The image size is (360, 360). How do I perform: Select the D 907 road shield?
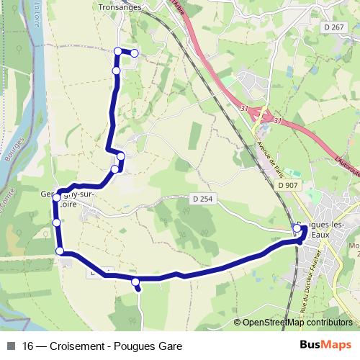pyautogui.click(x=287, y=185)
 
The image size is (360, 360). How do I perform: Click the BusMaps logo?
pyautogui.click(x=325, y=346)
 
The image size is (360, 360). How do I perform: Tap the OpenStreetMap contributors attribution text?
pyautogui.click(x=297, y=323)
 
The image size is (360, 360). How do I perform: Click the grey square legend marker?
pyautogui.click(x=10, y=346)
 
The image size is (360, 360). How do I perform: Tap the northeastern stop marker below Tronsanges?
pyautogui.click(x=134, y=53)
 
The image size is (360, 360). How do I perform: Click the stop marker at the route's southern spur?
pyautogui.click(x=135, y=282)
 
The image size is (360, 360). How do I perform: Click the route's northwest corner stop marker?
pyautogui.click(x=117, y=50)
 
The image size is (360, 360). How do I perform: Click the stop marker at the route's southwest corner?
pyautogui.click(x=60, y=251)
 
